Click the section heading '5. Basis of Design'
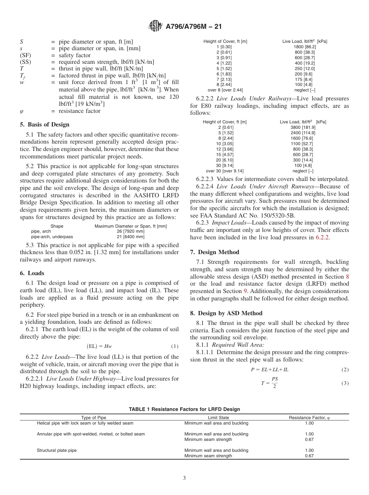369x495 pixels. click(45, 125)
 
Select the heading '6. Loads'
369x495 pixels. click(32, 273)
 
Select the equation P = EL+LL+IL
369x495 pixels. click(269, 370)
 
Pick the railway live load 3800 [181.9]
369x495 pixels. click(303, 127)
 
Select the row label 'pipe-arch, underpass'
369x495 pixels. click(52, 237)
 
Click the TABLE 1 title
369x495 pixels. click(184, 409)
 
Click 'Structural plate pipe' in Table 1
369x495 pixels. click(57, 450)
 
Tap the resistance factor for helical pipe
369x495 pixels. click(309, 423)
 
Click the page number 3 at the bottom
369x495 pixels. click(184, 478)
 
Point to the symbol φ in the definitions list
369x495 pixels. click(22, 111)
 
